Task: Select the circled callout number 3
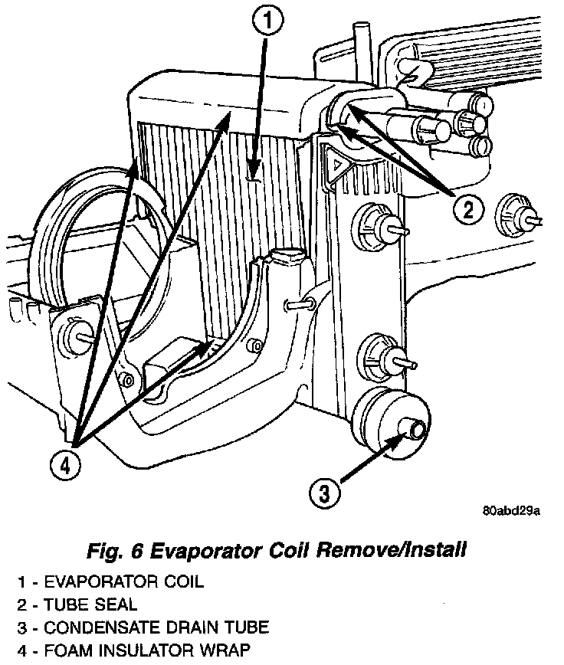tap(325, 493)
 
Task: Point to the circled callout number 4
tap(66, 464)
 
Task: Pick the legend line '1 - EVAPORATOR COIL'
tap(110, 581)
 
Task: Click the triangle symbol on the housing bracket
tap(336, 164)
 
